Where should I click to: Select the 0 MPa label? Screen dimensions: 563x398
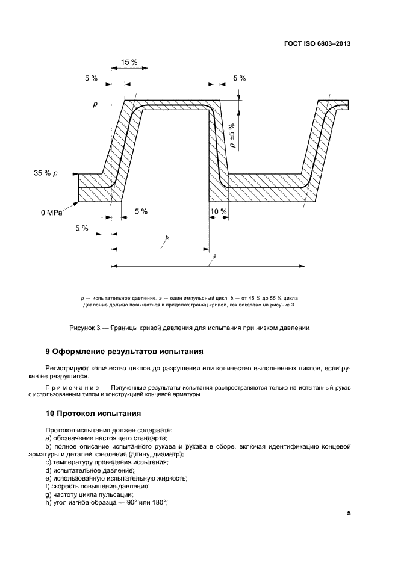click(52, 212)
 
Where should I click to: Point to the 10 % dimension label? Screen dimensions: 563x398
click(219, 211)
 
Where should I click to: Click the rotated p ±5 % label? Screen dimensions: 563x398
click(233, 132)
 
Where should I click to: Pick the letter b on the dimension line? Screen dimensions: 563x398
click(166, 238)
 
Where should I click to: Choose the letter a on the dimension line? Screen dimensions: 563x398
click(215, 256)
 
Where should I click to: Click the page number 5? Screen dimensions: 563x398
click(349, 514)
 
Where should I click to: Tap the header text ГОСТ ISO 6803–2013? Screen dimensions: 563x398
click(317, 44)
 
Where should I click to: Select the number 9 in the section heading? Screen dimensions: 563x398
click(48, 351)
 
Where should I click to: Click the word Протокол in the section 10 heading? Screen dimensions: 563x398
click(81, 414)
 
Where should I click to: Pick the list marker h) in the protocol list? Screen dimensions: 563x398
click(49, 502)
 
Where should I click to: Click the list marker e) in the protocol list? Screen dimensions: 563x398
click(49, 478)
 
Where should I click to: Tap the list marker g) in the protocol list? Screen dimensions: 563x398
click(49, 494)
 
